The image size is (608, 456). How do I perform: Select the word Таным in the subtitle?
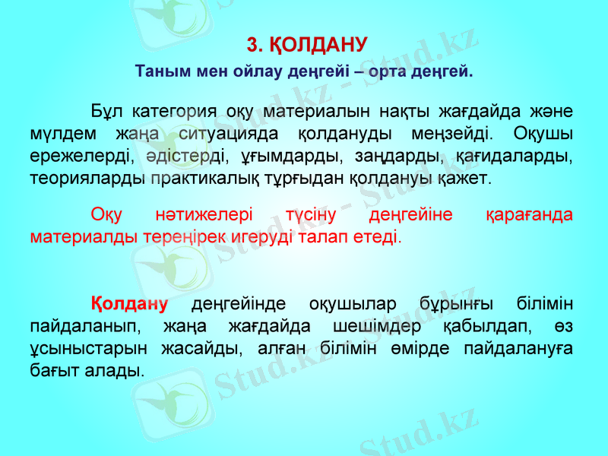point(161,73)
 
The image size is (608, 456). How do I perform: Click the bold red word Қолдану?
point(129,303)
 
